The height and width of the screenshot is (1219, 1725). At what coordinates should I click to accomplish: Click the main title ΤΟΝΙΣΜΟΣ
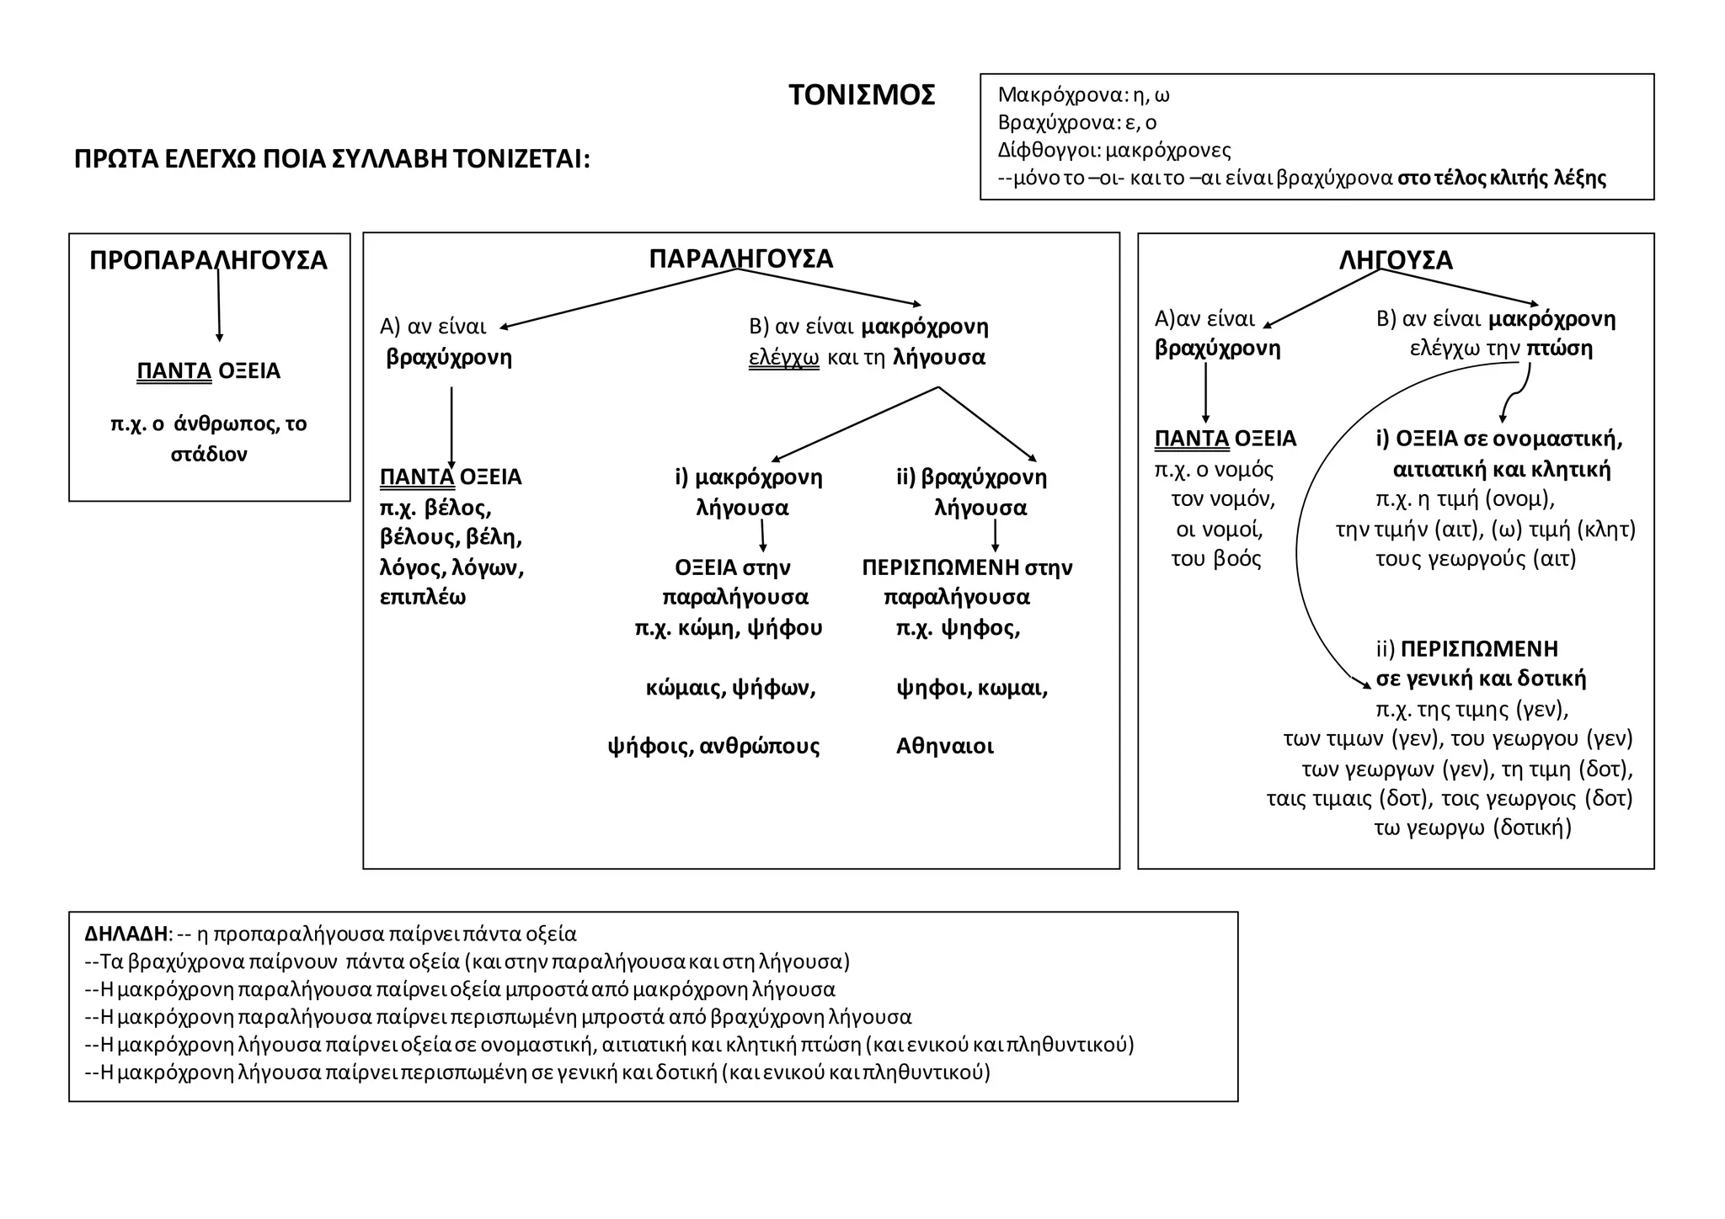tap(861, 95)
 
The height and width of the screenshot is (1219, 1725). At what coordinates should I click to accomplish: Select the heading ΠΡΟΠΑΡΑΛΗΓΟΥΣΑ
tap(208, 260)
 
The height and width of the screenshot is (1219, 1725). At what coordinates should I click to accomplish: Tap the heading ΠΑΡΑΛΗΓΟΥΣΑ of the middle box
tap(740, 258)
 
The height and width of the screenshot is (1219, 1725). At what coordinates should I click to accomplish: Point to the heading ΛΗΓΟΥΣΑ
tap(1396, 260)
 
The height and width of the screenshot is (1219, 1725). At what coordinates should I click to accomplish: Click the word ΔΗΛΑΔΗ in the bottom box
tap(126, 934)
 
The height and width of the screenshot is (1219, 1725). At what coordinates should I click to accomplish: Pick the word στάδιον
tap(209, 455)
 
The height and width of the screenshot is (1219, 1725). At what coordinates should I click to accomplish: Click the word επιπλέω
tap(423, 598)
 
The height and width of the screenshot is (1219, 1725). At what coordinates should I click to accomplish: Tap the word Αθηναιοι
tap(944, 746)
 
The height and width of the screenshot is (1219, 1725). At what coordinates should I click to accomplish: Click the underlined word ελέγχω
tap(783, 357)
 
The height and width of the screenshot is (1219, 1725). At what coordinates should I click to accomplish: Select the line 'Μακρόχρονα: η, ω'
tap(1083, 95)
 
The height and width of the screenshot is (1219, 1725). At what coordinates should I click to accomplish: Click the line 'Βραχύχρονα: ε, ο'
tap(1076, 123)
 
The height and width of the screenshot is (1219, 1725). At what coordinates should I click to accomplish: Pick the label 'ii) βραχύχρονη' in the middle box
tap(971, 477)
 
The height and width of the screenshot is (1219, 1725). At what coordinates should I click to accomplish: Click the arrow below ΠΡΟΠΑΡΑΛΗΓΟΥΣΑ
tap(219, 303)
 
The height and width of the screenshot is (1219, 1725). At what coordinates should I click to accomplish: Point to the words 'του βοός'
tap(1215, 559)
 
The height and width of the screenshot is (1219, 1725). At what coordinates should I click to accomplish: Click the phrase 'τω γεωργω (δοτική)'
tap(1472, 828)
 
